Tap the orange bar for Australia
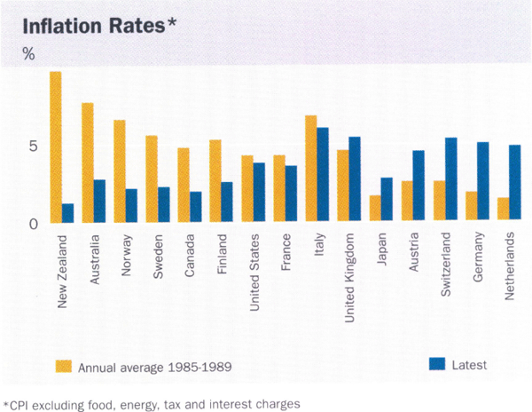87,163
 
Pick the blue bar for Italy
323,176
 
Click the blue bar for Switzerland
450,180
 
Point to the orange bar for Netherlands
503,210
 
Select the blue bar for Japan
387,201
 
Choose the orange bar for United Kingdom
342,186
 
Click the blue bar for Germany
482,183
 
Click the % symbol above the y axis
29,55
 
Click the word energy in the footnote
160,400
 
